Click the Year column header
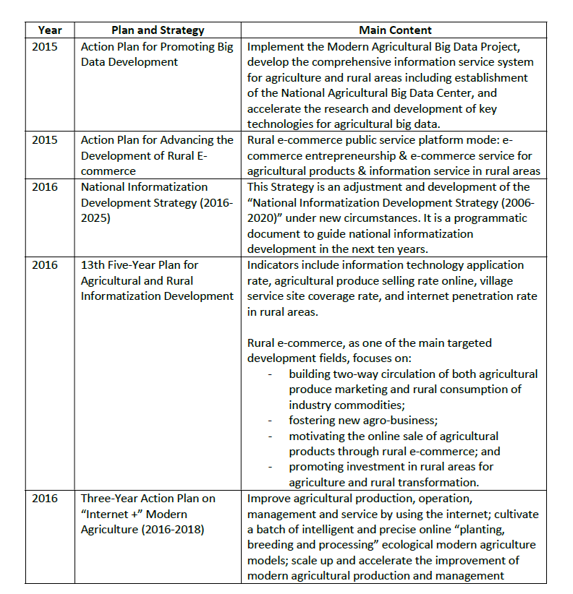coord(50,30)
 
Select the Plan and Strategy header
coord(158,30)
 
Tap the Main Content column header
coord(395,30)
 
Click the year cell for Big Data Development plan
coord(45,46)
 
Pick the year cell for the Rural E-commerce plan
coord(45,140)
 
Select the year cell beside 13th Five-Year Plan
coord(45,265)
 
